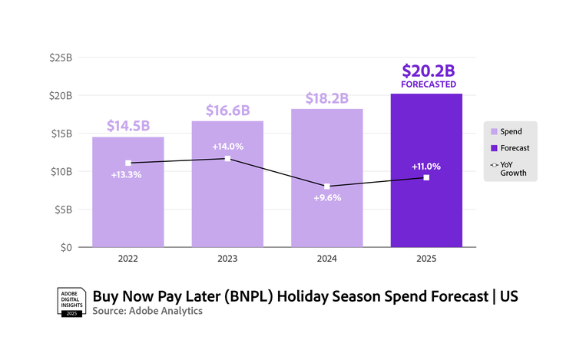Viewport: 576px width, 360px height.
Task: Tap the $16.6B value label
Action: [x=227, y=111]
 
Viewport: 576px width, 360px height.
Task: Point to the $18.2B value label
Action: [x=327, y=98]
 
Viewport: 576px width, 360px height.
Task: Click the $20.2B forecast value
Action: [x=427, y=71]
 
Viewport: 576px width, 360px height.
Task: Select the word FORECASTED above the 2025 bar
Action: [x=427, y=84]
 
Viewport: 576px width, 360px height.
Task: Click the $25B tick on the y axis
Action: [x=61, y=58]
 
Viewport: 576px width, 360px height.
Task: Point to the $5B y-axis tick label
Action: [x=63, y=209]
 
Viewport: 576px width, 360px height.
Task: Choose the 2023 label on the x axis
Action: [x=227, y=259]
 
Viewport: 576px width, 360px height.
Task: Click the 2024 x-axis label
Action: [x=327, y=259]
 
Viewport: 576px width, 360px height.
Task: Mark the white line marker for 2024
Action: [x=327, y=187]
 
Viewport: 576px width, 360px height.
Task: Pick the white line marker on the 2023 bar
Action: [x=227, y=159]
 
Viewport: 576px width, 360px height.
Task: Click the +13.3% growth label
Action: [x=127, y=175]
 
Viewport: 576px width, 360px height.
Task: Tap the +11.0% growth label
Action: [x=426, y=166]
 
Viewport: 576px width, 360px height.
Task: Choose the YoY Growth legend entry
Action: [x=513, y=169]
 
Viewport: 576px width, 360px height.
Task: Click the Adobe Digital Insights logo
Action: [x=71, y=302]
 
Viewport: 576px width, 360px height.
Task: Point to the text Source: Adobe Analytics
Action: [x=147, y=312]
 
